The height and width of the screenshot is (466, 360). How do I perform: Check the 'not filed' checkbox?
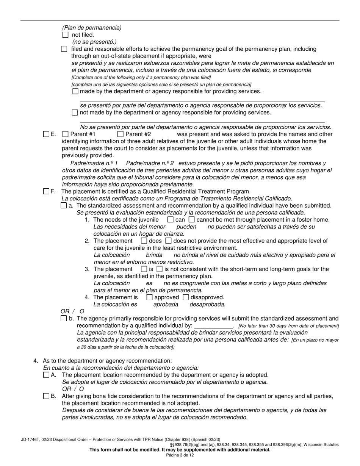click(x=65, y=35)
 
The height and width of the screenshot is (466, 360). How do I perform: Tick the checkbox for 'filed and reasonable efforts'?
click(x=64, y=49)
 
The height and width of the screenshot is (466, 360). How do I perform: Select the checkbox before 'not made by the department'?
click(x=75, y=112)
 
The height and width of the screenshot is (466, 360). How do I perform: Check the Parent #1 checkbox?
click(x=65, y=134)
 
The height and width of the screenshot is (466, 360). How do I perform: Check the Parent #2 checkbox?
click(x=120, y=134)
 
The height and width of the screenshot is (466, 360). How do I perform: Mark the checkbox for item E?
click(x=46, y=134)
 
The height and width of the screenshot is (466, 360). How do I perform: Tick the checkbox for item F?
click(x=46, y=192)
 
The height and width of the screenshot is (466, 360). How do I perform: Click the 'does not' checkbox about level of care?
click(x=168, y=241)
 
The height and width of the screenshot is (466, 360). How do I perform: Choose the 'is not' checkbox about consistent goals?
click(x=159, y=269)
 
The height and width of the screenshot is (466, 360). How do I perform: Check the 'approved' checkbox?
click(x=149, y=297)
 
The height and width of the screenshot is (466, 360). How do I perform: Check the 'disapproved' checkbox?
click(x=186, y=297)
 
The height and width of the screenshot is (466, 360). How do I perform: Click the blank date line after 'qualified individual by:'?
click(x=213, y=326)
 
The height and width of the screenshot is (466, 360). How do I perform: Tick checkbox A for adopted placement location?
click(x=46, y=375)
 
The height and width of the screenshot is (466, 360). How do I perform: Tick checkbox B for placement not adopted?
click(x=46, y=396)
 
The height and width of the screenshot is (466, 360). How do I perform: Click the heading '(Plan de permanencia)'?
click(x=92, y=28)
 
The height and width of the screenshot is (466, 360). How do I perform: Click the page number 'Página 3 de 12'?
click(x=180, y=455)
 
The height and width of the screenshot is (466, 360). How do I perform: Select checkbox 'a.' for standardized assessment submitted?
click(x=63, y=206)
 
